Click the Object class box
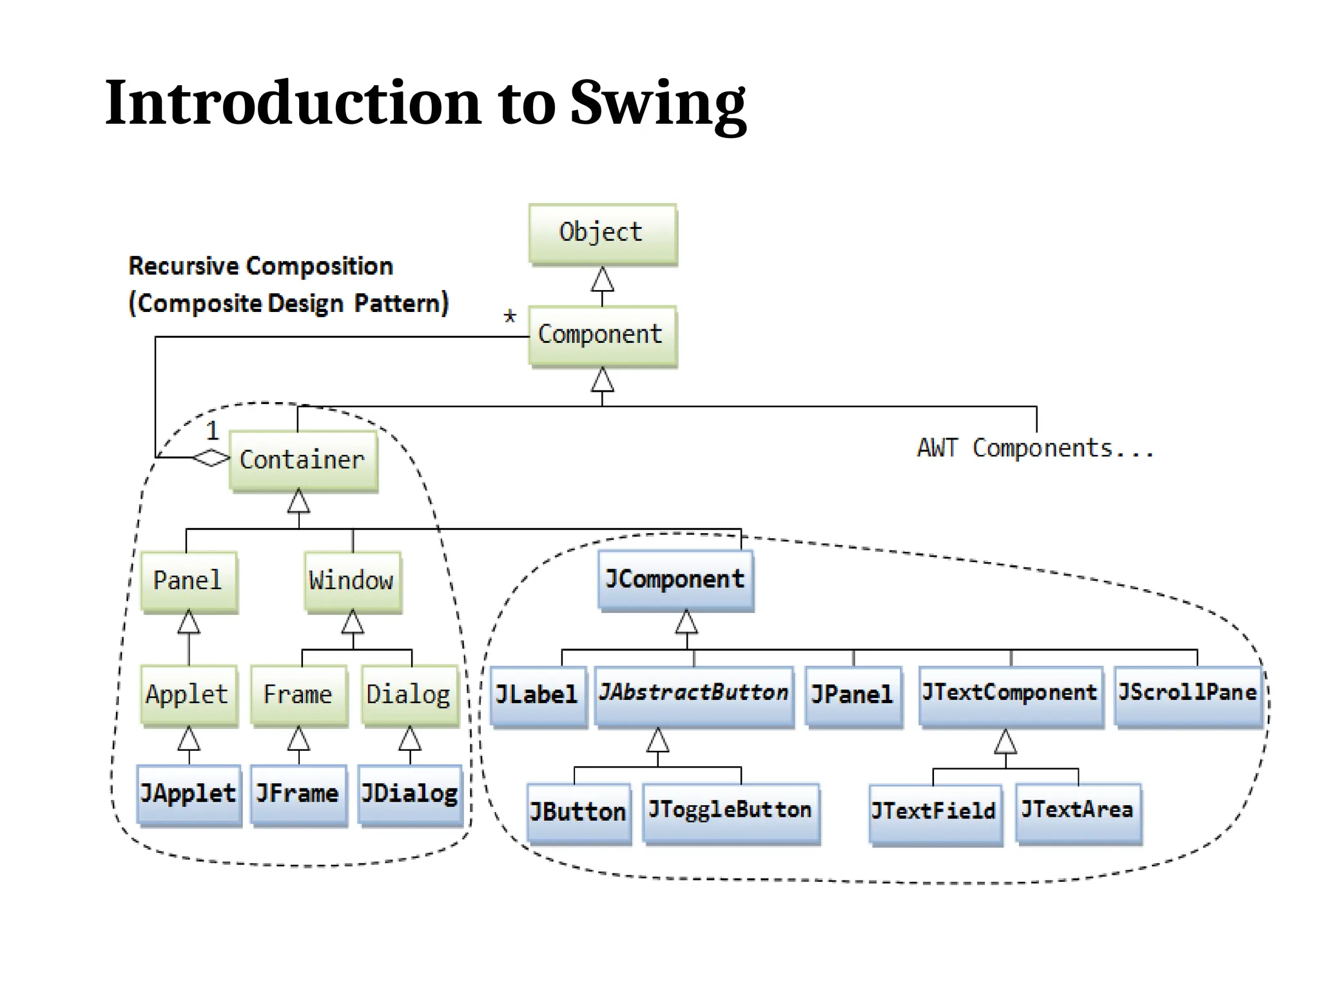coord(602,233)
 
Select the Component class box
coord(602,335)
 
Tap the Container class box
coord(303,460)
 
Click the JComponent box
coord(675,579)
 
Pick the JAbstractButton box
coord(694,695)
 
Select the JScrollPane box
coord(1187,695)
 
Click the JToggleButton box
coord(731,812)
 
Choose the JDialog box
coord(410,794)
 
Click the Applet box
coord(188,695)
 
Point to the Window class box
coord(352,581)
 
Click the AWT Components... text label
coord(1035,448)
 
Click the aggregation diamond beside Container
coord(211,458)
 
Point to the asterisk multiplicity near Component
coord(510,316)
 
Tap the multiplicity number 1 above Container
coord(212,430)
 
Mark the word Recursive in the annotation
coord(183,266)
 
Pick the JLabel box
coord(538,695)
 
